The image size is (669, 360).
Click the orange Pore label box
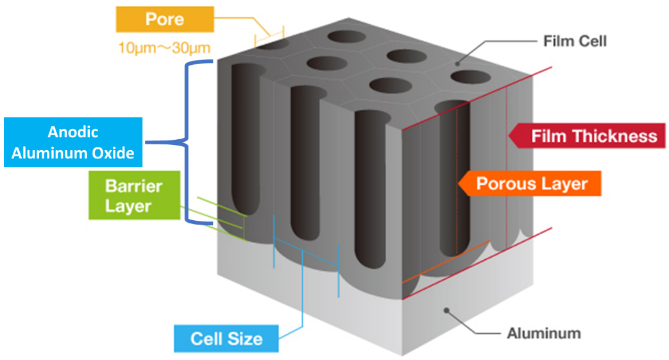click(165, 19)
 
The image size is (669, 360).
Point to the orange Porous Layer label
click(530, 184)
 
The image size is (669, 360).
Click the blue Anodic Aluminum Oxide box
click(72, 142)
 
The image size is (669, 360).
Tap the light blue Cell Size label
click(226, 338)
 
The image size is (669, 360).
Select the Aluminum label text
click(543, 334)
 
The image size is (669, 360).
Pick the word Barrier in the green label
click(133, 187)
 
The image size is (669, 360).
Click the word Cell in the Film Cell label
click(591, 42)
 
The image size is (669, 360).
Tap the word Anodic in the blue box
click(73, 132)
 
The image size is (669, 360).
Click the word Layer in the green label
click(128, 206)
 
